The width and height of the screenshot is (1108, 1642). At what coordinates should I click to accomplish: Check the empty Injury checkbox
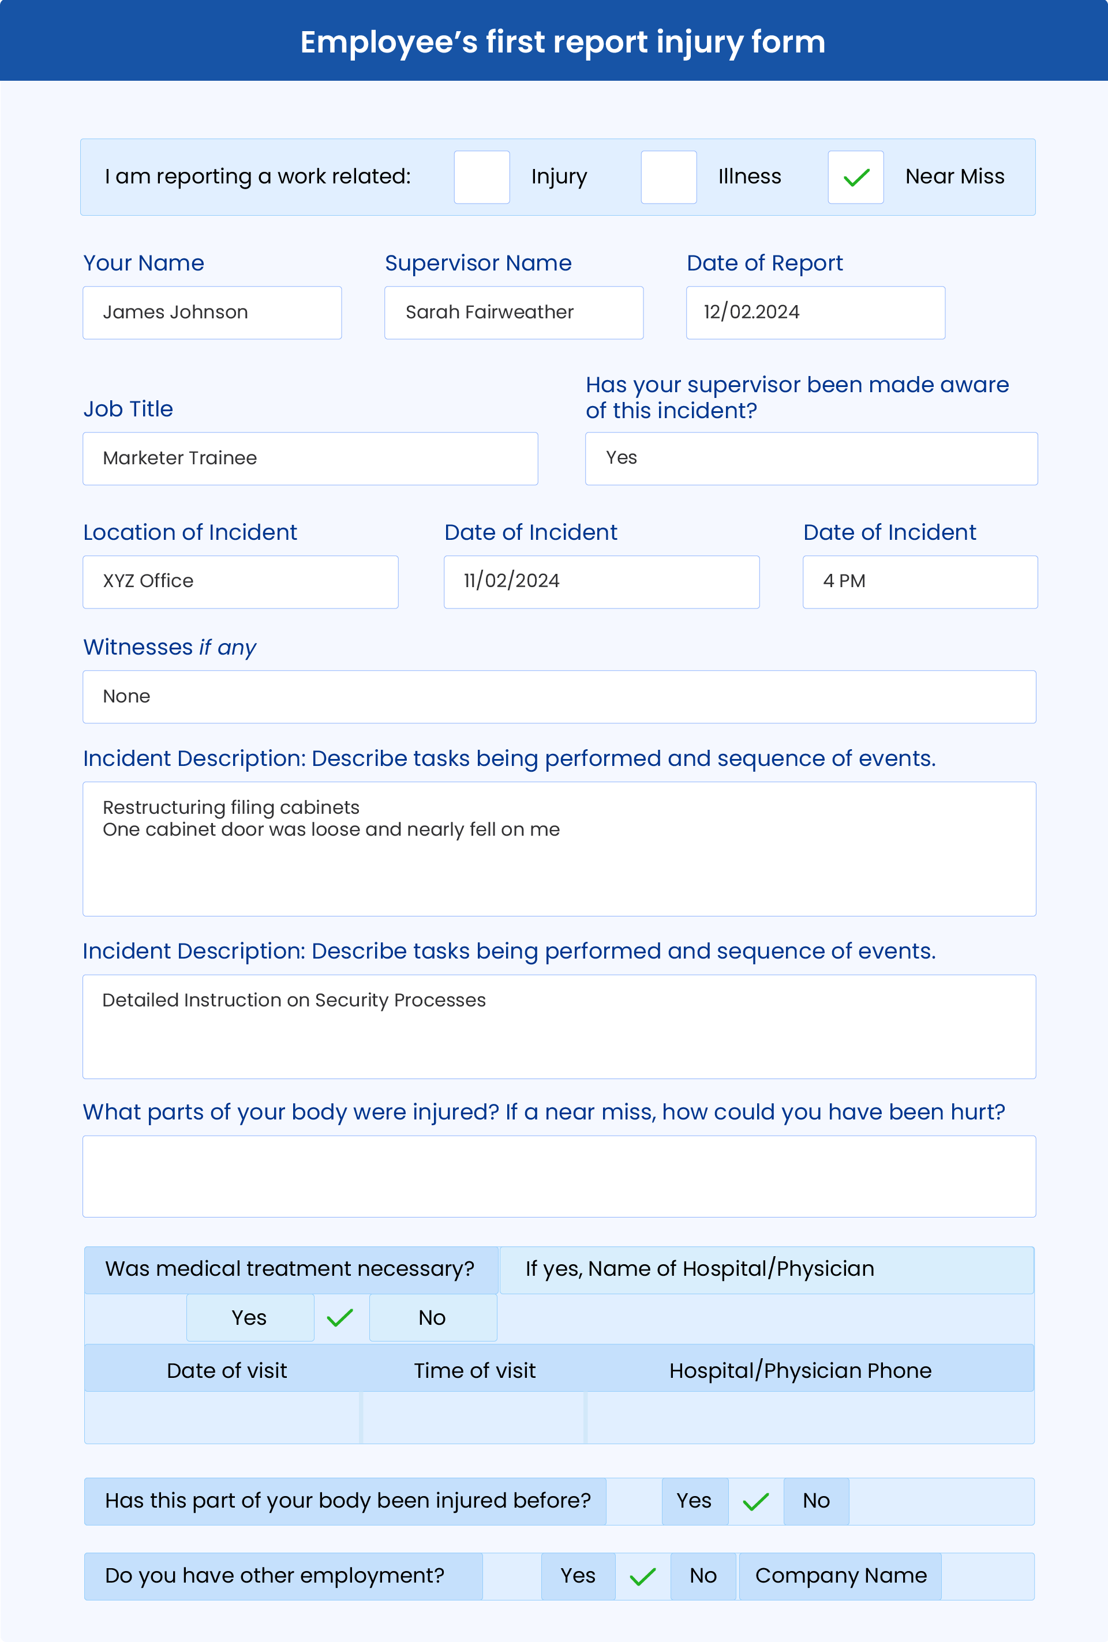481,177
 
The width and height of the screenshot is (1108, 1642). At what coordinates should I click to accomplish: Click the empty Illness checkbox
668,177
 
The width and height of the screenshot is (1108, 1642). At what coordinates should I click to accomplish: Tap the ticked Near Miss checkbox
855,177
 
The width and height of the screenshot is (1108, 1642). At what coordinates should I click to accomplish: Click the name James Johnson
176,312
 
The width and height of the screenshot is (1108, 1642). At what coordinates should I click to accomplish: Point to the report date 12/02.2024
751,312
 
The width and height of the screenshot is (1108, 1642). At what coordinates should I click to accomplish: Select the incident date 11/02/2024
512,581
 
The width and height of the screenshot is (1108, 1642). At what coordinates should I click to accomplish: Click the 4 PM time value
844,581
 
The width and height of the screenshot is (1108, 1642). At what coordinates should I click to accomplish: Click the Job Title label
128,409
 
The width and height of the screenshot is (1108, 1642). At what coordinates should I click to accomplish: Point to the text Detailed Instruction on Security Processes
294,1000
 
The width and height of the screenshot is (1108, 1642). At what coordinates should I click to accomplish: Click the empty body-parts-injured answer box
559,1176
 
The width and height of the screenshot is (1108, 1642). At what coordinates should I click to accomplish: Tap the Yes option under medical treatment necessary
249,1318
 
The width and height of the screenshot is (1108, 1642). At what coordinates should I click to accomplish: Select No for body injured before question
816,1501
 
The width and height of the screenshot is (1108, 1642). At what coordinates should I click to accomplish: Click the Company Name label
841,1576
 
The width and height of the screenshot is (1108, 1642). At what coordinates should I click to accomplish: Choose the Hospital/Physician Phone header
800,1371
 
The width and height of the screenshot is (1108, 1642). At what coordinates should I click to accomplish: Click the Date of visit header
227,1371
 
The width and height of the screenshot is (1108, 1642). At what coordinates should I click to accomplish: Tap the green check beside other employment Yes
642,1576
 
